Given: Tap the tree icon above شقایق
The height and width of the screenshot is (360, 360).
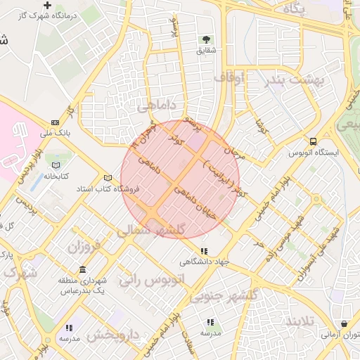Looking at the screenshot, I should point(207,39).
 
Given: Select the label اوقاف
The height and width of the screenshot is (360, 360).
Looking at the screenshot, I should point(229,78).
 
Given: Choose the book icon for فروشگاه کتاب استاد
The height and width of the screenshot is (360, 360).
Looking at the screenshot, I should point(108,178).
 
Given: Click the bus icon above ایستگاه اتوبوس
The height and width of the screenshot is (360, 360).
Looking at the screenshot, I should point(312,141).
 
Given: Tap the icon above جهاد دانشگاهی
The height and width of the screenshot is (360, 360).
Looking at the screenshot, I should point(204,251).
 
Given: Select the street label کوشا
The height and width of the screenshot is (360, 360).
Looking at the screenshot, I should point(262,126).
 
